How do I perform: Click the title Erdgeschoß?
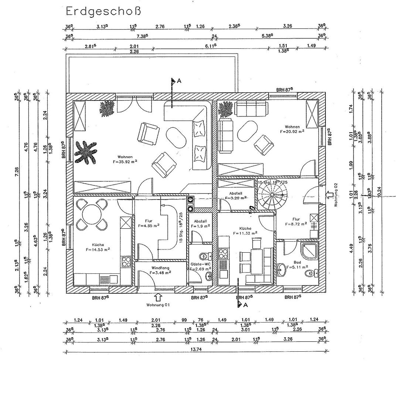click(x=103, y=11)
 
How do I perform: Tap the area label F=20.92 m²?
click(x=292, y=131)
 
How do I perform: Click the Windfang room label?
click(x=160, y=268)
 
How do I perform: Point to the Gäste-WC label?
click(x=200, y=264)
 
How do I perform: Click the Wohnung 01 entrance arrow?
click(x=158, y=297)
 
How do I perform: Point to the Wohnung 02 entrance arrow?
click(x=329, y=195)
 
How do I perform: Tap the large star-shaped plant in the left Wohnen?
click(x=85, y=152)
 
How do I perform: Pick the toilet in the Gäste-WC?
click(x=204, y=256)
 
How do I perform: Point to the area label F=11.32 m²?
click(x=245, y=233)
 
